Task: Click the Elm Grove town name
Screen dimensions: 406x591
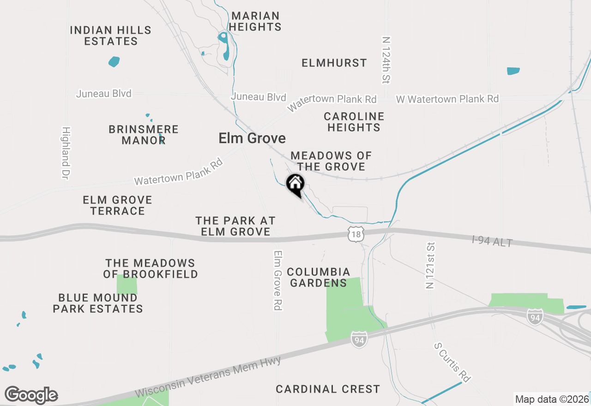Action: pos(252,138)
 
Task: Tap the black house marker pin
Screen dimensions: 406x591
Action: pos(295,185)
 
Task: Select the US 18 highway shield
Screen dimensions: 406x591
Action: pos(355,234)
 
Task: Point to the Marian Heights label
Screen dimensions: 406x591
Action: pos(255,22)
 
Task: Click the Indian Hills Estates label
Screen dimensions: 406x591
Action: pos(111,36)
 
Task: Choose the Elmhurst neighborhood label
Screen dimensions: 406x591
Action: pos(334,63)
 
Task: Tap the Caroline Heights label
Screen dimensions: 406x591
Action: pos(354,122)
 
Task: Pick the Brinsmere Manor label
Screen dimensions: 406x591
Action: pos(144,135)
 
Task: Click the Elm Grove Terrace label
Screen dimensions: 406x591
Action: pos(117,205)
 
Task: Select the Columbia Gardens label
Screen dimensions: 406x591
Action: pos(318,277)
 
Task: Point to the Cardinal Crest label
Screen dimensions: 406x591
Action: pos(328,389)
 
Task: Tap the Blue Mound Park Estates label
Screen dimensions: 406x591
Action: pos(97,303)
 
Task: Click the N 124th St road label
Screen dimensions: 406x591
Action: pos(386,60)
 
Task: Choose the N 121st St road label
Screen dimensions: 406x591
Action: pos(430,265)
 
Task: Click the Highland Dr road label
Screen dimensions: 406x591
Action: pos(66,153)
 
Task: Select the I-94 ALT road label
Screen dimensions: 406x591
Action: pos(492,241)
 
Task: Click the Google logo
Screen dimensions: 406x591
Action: pos(31,395)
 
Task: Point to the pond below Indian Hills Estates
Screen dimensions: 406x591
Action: pos(114,61)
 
